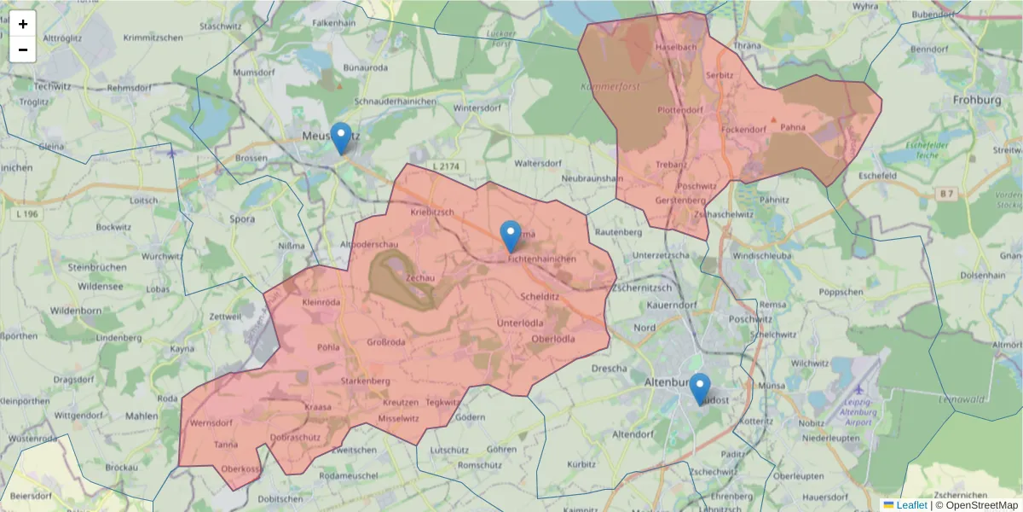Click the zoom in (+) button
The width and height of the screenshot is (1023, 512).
pyautogui.click(x=23, y=24)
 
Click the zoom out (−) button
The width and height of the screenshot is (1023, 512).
pyautogui.click(x=23, y=49)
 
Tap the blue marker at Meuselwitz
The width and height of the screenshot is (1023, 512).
pyautogui.click(x=341, y=137)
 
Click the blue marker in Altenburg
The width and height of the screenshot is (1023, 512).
pyautogui.click(x=699, y=388)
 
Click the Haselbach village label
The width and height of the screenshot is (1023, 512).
pyautogui.click(x=676, y=47)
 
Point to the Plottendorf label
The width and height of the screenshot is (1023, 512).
pyautogui.click(x=680, y=110)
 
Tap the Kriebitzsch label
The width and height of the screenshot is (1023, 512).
pyautogui.click(x=432, y=212)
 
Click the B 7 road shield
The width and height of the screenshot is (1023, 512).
pyautogui.click(x=946, y=195)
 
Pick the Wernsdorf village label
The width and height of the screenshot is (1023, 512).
pyautogui.click(x=211, y=423)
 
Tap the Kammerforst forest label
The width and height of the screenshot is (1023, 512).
pyautogui.click(x=610, y=86)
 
